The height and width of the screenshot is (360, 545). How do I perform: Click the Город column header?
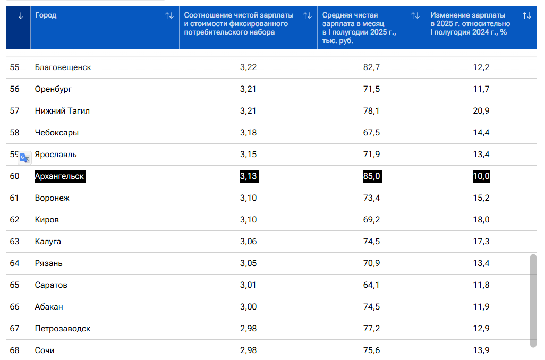coord(46,15)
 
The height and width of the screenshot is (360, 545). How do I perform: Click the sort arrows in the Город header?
coord(169,15)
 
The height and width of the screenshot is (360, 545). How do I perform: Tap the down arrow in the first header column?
coord(21,15)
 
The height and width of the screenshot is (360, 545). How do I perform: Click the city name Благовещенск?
coord(63,67)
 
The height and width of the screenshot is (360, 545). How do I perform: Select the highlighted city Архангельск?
coord(59,176)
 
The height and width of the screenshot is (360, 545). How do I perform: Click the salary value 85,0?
coord(371,176)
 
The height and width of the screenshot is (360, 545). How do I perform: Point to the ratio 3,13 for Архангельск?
coord(248,176)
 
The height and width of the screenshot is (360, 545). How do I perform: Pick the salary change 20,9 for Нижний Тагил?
coord(481,111)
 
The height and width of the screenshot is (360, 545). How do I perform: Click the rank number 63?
coord(14,242)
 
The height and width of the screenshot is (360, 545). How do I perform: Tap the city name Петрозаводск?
coord(62,329)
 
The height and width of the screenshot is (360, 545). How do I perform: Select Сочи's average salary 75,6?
coord(371,350)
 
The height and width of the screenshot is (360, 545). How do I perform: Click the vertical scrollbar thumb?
coord(533,301)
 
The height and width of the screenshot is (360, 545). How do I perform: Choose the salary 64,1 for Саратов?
coord(371,285)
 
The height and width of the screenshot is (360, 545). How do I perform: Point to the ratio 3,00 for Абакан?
coord(248,307)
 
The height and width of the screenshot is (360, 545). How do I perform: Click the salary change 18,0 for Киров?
coord(481,220)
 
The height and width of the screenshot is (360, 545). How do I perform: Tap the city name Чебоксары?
coord(56,133)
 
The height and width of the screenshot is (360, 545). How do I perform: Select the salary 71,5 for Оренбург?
coord(371,89)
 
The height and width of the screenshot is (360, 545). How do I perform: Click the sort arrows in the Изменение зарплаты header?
coord(526,15)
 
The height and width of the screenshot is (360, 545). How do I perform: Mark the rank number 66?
coord(14,307)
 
